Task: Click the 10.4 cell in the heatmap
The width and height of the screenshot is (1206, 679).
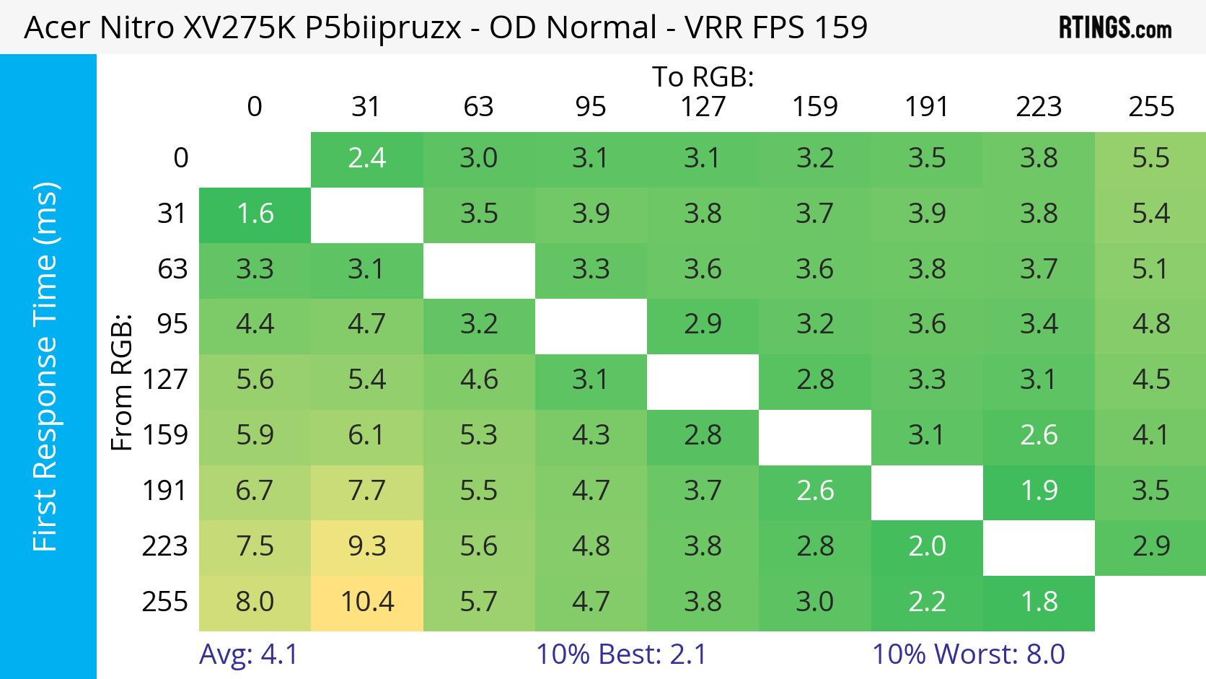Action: tap(367, 601)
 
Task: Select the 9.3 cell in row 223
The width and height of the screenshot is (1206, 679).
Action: tap(367, 546)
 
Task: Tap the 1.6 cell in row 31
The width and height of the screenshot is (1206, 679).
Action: tap(255, 214)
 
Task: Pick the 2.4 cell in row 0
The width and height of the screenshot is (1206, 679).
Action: tap(367, 158)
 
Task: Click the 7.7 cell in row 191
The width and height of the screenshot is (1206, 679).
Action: tap(367, 491)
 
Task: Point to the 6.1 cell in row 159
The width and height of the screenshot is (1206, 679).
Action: tap(367, 435)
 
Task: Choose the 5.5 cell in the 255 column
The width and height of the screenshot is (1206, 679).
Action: tap(1150, 158)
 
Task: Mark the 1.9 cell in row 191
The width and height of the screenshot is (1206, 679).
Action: tap(1039, 491)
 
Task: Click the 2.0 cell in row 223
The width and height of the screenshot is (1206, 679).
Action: tap(927, 546)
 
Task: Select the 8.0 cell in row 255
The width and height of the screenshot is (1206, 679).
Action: tap(255, 601)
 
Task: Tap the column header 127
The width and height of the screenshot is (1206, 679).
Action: tap(703, 107)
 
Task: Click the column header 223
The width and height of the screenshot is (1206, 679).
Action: tap(1039, 107)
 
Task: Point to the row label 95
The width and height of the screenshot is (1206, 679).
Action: tap(172, 324)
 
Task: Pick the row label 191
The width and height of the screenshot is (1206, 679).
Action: tap(164, 491)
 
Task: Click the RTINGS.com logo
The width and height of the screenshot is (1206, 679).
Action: tap(1114, 28)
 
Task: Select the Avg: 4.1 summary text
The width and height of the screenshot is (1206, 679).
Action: tap(248, 654)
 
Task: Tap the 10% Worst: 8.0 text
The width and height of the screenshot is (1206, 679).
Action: tap(968, 654)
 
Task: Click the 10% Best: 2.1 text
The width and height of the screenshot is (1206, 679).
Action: tap(621, 654)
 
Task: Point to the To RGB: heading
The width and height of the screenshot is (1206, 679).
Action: tap(703, 76)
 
